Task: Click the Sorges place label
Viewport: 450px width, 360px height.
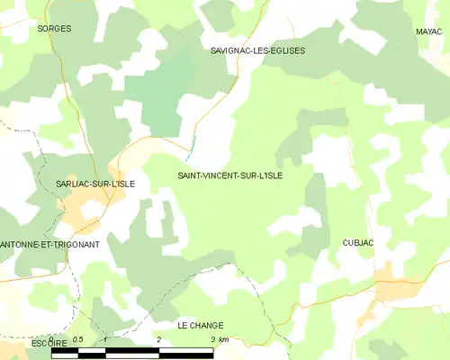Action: pyautogui.click(x=54, y=29)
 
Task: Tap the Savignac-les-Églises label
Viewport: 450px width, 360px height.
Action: pyautogui.click(x=257, y=50)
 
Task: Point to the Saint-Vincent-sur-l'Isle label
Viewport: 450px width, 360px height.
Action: pyautogui.click(x=230, y=175)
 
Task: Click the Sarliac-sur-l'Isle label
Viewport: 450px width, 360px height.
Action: pyautogui.click(x=95, y=184)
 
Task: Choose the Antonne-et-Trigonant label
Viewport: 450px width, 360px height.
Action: pyautogui.click(x=49, y=244)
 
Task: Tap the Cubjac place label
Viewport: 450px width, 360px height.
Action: pyautogui.click(x=357, y=243)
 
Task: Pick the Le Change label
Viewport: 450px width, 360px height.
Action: pyautogui.click(x=201, y=325)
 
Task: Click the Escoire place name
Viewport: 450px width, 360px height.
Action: pyautogui.click(x=23, y=342)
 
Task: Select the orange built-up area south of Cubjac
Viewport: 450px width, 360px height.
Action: pyautogui.click(x=392, y=286)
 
